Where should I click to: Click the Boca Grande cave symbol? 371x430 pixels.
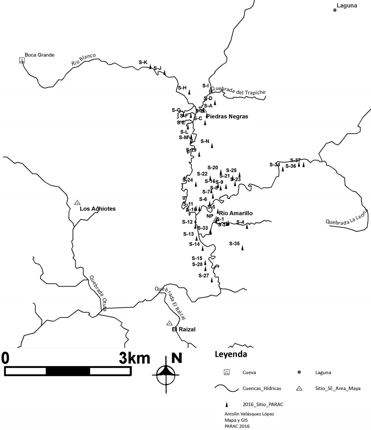[x=22, y=61]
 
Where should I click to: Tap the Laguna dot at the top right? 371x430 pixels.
[x=335, y=10]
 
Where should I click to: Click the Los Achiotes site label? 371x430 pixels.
[x=97, y=209]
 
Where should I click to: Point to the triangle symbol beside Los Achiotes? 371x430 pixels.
[x=77, y=202]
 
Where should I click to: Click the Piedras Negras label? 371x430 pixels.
[x=227, y=117]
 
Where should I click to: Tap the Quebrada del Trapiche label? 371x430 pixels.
[x=239, y=90]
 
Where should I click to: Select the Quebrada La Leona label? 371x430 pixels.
[x=347, y=217]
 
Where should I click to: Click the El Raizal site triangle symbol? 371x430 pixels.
[x=169, y=323]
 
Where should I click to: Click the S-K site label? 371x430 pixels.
[x=143, y=62]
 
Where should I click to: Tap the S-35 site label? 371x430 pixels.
[x=234, y=244]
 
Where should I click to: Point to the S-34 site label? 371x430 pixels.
[x=275, y=164]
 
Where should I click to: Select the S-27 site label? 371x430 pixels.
[x=204, y=275]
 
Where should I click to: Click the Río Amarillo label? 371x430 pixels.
[x=236, y=213]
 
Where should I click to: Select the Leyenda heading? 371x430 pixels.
[x=231, y=355]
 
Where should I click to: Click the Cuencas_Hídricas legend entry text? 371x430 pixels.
[x=262, y=388]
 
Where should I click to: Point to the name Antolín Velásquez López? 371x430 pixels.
[x=249, y=414]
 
